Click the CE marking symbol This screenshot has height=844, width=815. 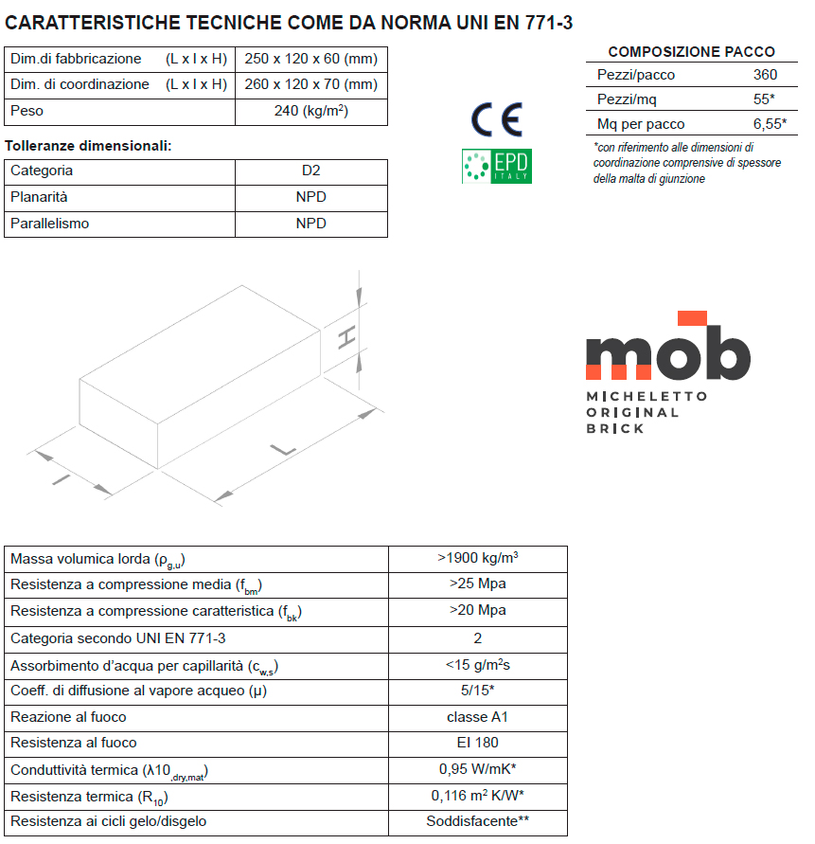496,118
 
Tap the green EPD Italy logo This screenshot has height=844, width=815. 496,166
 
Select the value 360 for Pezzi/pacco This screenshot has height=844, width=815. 765,75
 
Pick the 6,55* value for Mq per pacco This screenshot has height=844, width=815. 771,124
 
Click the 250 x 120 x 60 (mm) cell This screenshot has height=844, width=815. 310,59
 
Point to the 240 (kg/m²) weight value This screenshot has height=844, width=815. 310,111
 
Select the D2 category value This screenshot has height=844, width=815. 310,171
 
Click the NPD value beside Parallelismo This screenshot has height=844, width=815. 310,224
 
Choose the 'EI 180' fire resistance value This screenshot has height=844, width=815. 477,743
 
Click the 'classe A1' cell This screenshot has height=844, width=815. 477,717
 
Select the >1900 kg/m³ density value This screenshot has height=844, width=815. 477,558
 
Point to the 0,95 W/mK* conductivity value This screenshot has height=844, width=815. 477,769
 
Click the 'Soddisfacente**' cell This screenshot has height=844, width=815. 477,821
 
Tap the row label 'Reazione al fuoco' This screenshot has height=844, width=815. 68,717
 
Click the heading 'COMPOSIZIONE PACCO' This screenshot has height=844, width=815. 691,52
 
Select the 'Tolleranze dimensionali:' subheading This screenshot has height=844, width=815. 88,146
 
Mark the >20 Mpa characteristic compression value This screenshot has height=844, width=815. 477,610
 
